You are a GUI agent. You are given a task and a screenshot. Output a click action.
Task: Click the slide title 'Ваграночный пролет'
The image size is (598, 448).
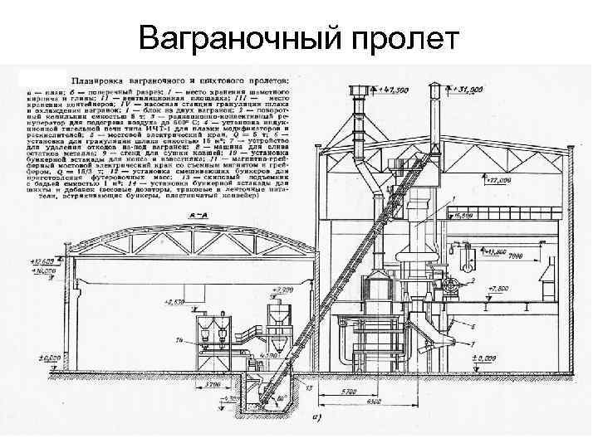(x=298, y=37)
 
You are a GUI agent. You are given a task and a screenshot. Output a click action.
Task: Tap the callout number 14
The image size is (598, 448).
(x=179, y=341)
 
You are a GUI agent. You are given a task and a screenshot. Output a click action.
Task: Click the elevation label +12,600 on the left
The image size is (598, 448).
(x=42, y=260)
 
